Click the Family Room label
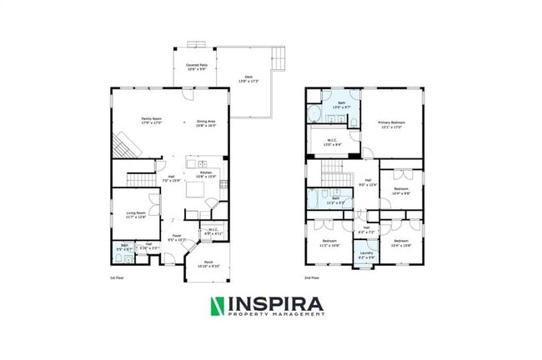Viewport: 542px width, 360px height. point(151,120)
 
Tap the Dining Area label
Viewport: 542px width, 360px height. point(206,123)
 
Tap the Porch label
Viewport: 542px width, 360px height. point(203,265)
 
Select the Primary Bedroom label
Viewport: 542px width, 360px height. point(390,125)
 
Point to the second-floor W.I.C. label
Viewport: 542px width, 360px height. point(331,142)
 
